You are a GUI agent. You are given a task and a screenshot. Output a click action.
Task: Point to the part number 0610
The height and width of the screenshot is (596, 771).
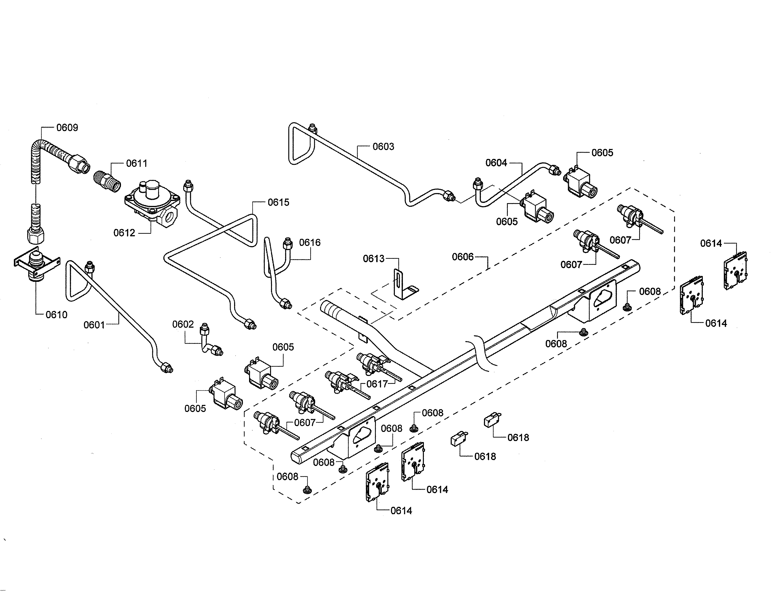click(57, 315)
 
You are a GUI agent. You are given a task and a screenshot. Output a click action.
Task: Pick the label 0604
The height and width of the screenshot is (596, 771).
click(496, 163)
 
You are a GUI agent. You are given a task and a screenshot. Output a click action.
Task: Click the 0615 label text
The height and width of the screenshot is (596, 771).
click(278, 202)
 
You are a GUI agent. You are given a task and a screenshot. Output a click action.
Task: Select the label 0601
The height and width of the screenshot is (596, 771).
click(94, 325)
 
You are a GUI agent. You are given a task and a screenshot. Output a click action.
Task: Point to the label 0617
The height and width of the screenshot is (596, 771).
click(377, 384)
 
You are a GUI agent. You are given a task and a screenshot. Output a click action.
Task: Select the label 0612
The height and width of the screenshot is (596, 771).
click(124, 233)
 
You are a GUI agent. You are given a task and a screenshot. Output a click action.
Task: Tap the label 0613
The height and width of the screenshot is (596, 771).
click(374, 259)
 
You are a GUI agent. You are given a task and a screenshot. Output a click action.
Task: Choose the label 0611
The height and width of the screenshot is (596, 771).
click(137, 163)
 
